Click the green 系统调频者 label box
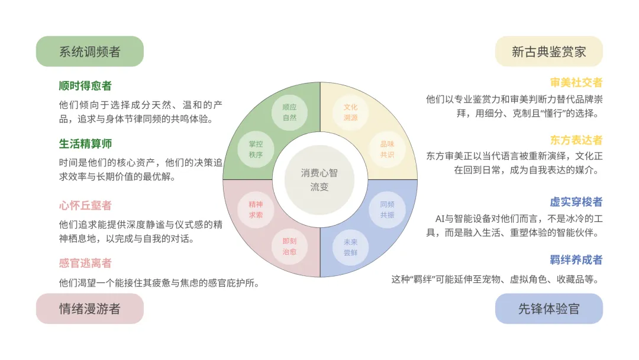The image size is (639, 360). [x=89, y=52]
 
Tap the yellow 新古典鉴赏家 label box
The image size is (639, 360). [x=548, y=52]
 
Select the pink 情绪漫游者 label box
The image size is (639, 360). [x=89, y=308]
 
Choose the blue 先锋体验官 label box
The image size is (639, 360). [x=548, y=308]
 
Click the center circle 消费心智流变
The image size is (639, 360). [x=319, y=179]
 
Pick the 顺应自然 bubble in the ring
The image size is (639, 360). [x=289, y=112]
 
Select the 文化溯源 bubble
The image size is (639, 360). [x=351, y=112]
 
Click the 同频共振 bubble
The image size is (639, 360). [x=387, y=210]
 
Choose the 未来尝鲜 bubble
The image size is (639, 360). [x=351, y=246]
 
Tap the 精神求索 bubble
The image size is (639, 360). [x=256, y=210]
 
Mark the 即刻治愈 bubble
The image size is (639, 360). [x=289, y=246]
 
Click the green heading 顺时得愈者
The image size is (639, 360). [x=85, y=86]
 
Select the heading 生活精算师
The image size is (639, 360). [x=85, y=144]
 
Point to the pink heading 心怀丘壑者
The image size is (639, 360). [x=85, y=205]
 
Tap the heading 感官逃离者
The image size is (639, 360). [x=85, y=263]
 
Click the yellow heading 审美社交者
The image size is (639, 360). [x=576, y=82]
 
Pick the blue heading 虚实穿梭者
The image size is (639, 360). [x=576, y=202]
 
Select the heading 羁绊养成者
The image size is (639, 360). [x=576, y=259]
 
